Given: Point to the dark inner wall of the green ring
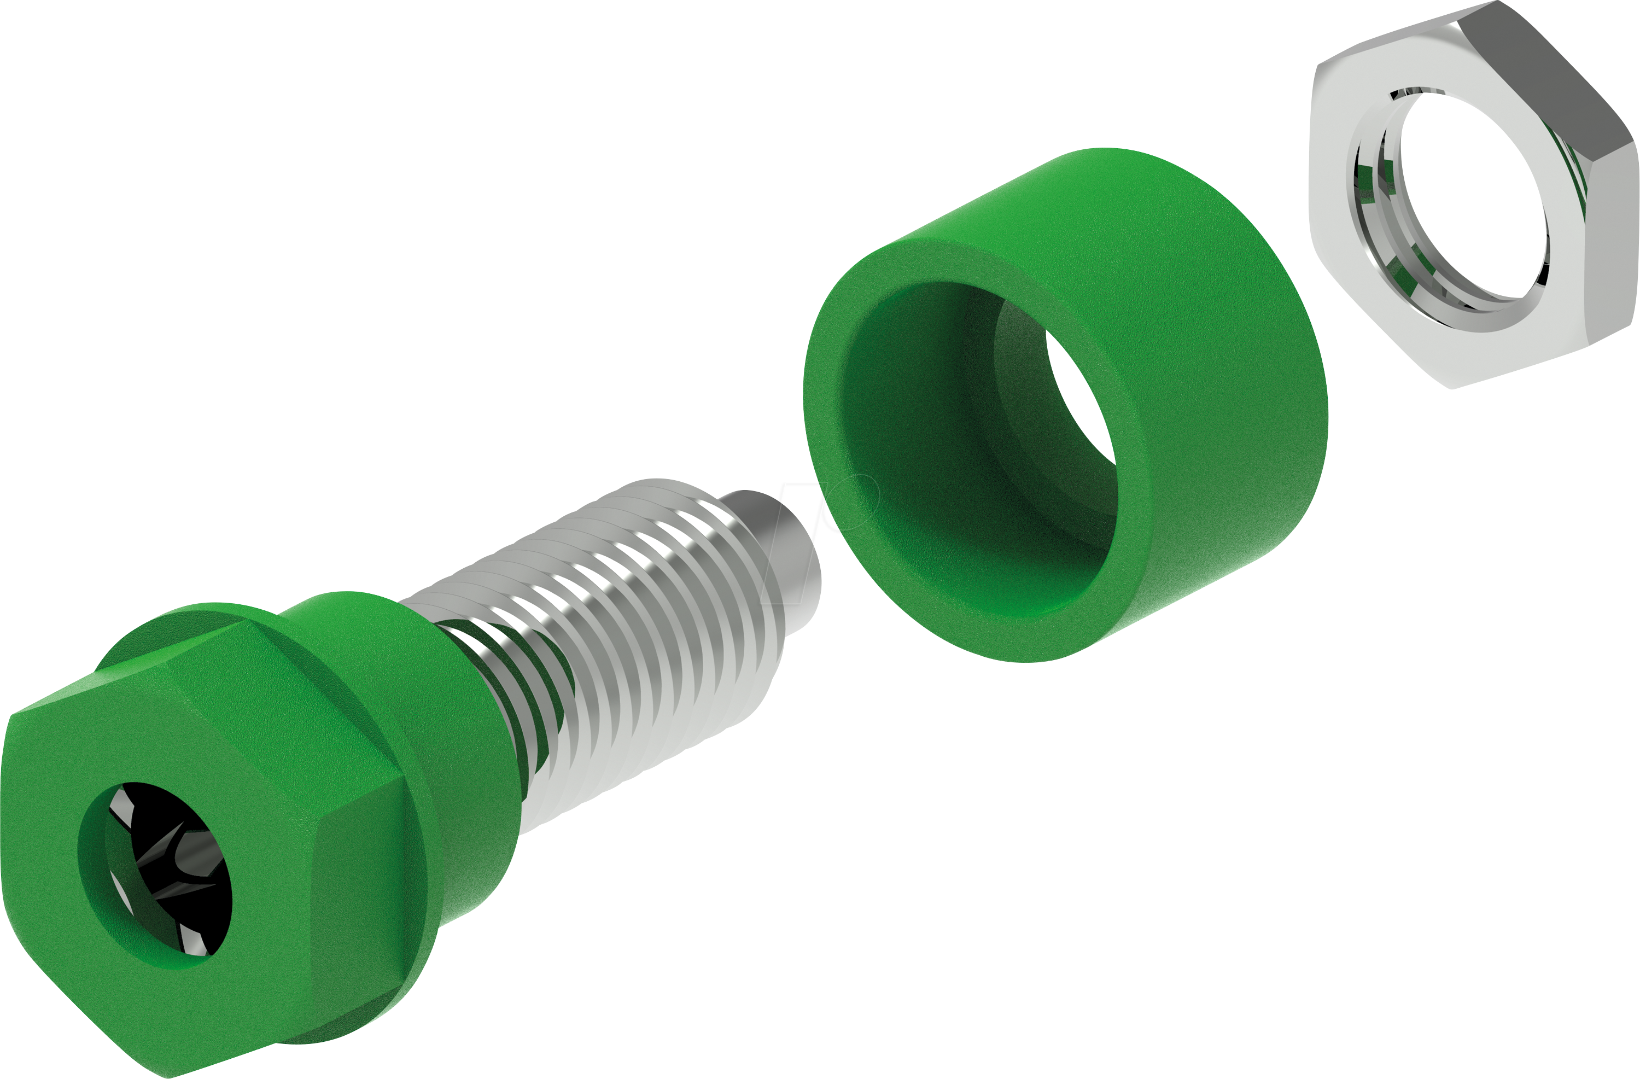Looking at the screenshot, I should [x=917, y=427].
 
